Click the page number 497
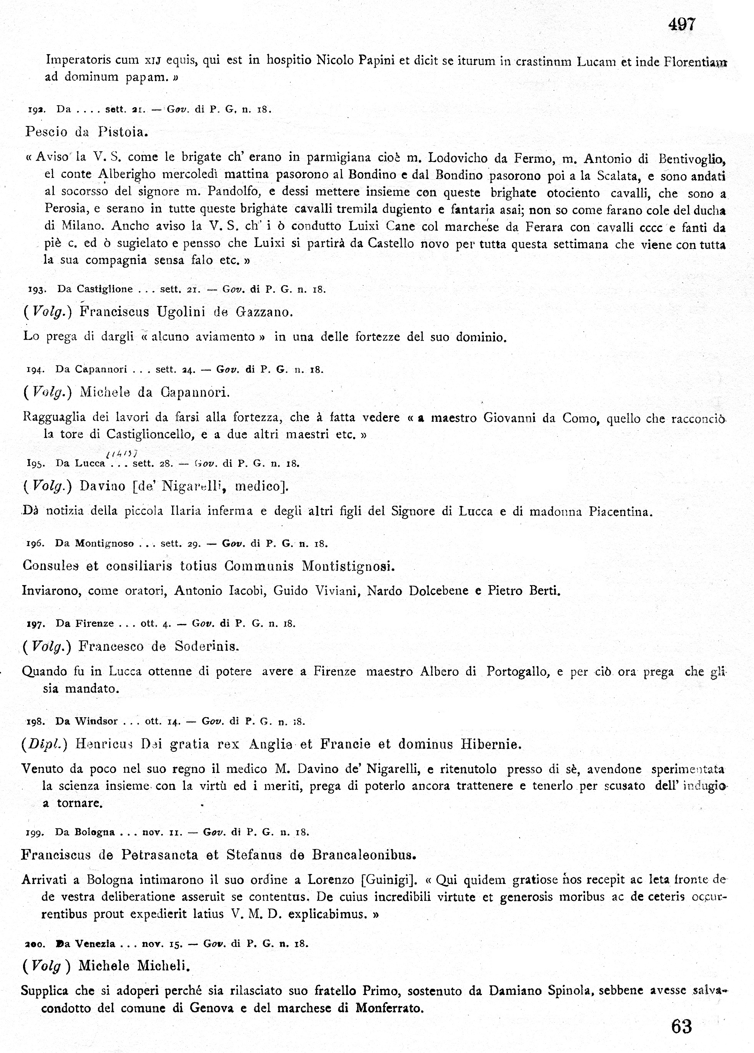[682, 25]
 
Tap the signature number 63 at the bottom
[681, 1026]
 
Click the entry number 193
[36, 290]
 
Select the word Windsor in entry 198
[96, 721]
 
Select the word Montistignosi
[348, 566]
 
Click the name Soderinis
[207, 647]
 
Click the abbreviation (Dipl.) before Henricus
[45, 745]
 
